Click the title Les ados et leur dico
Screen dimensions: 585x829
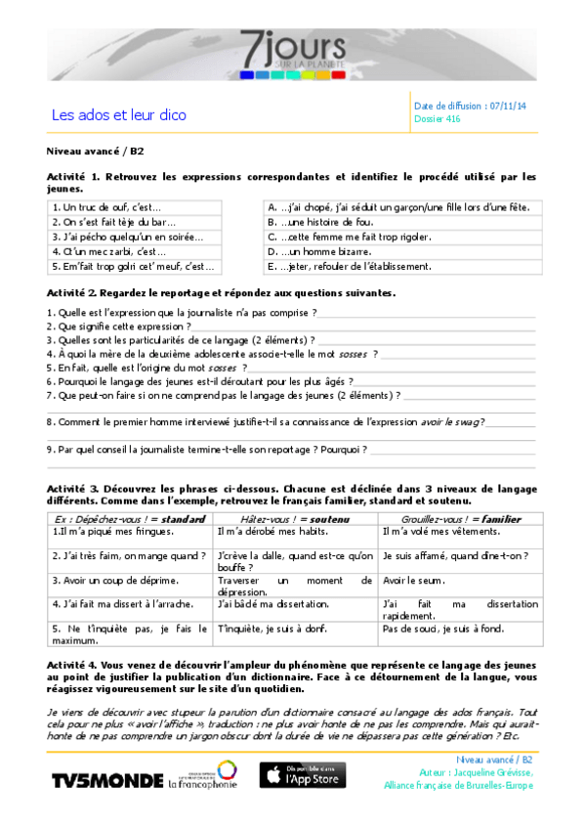point(118,115)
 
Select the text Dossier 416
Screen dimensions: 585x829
point(437,119)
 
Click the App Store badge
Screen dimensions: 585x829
point(302,776)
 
